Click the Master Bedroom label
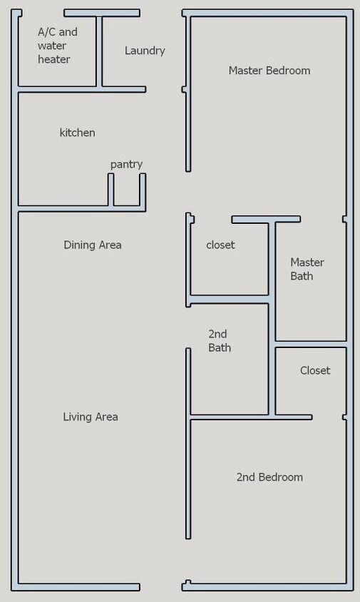tap(269, 71)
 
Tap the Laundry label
tap(145, 51)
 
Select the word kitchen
tap(77, 133)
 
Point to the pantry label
tap(126, 164)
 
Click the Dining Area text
tap(93, 245)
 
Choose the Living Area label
tap(91, 417)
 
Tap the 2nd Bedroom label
tap(269, 477)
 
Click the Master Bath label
tap(307, 269)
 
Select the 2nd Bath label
tap(219, 340)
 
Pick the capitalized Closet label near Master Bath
tap(314, 370)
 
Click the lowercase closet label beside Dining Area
tap(220, 245)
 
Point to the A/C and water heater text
tap(57, 46)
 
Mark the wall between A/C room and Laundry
tap(99, 51)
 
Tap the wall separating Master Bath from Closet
tap(311, 345)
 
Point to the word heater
tap(54, 59)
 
